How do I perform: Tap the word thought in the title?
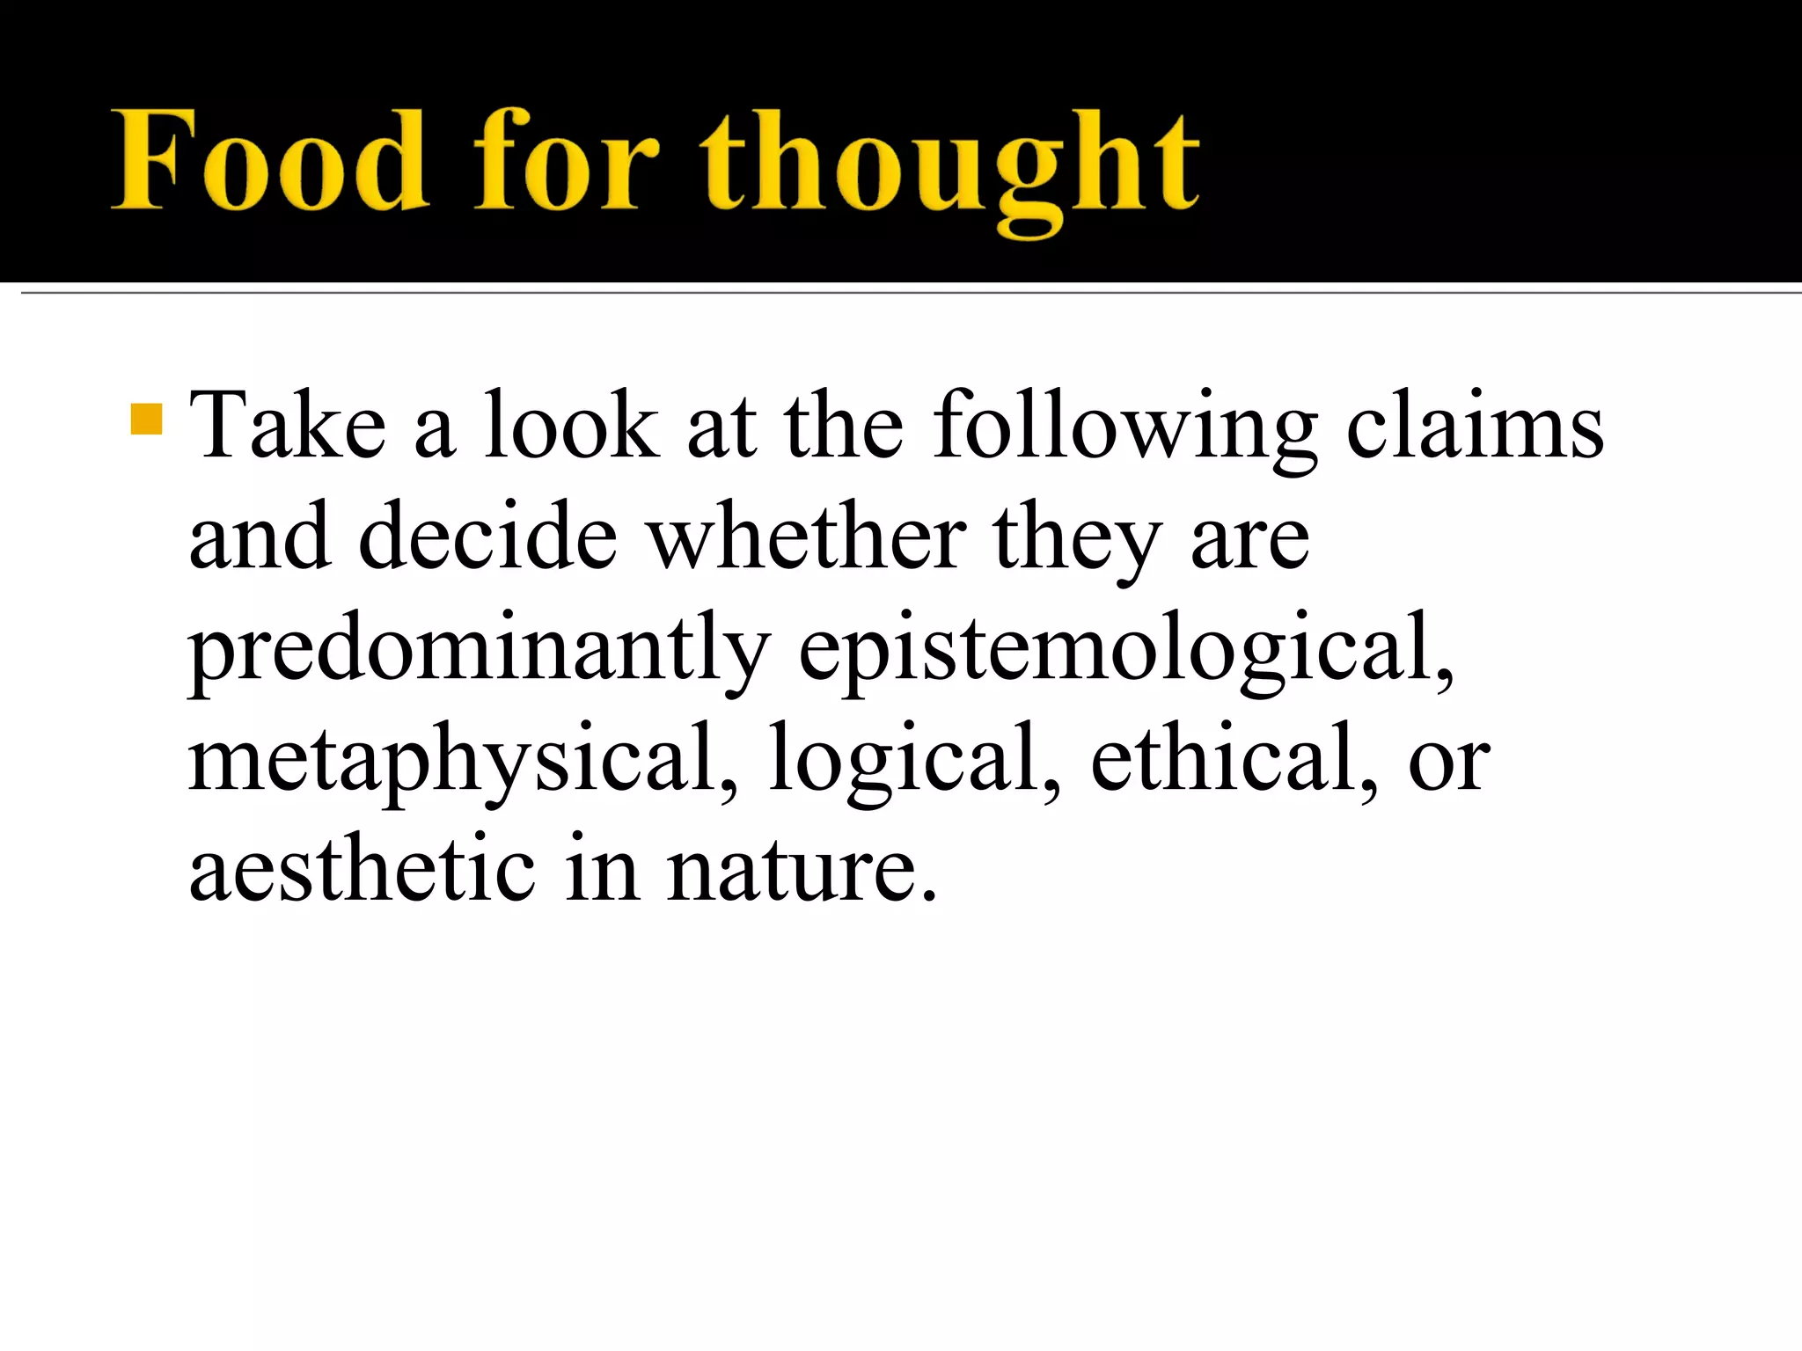coord(950,167)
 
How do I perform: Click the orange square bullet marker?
coord(146,420)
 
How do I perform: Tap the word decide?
coord(488,537)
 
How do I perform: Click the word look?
coord(571,426)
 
